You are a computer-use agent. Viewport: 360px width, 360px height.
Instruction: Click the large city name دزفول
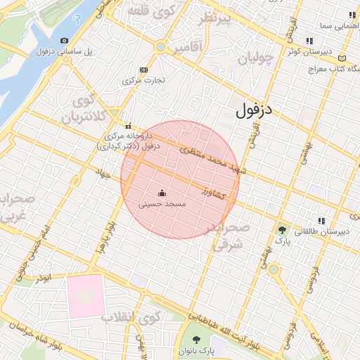tap(254, 110)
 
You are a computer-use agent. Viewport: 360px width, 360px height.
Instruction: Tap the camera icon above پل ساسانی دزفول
tap(65, 41)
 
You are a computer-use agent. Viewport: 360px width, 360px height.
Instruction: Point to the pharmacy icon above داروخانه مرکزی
tap(127, 126)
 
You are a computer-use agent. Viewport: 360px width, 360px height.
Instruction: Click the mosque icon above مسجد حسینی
tap(162, 193)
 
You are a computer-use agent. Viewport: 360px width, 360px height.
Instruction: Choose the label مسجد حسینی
tap(162, 205)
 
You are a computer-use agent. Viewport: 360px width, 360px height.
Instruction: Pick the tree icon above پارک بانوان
tap(196, 340)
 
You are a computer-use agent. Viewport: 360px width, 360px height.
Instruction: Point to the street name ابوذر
tap(45, 278)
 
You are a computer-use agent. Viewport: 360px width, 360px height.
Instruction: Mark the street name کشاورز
tap(212, 192)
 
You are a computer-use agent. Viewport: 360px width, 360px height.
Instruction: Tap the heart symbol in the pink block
tap(85, 296)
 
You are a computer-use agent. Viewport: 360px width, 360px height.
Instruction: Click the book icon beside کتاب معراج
tap(342, 58)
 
